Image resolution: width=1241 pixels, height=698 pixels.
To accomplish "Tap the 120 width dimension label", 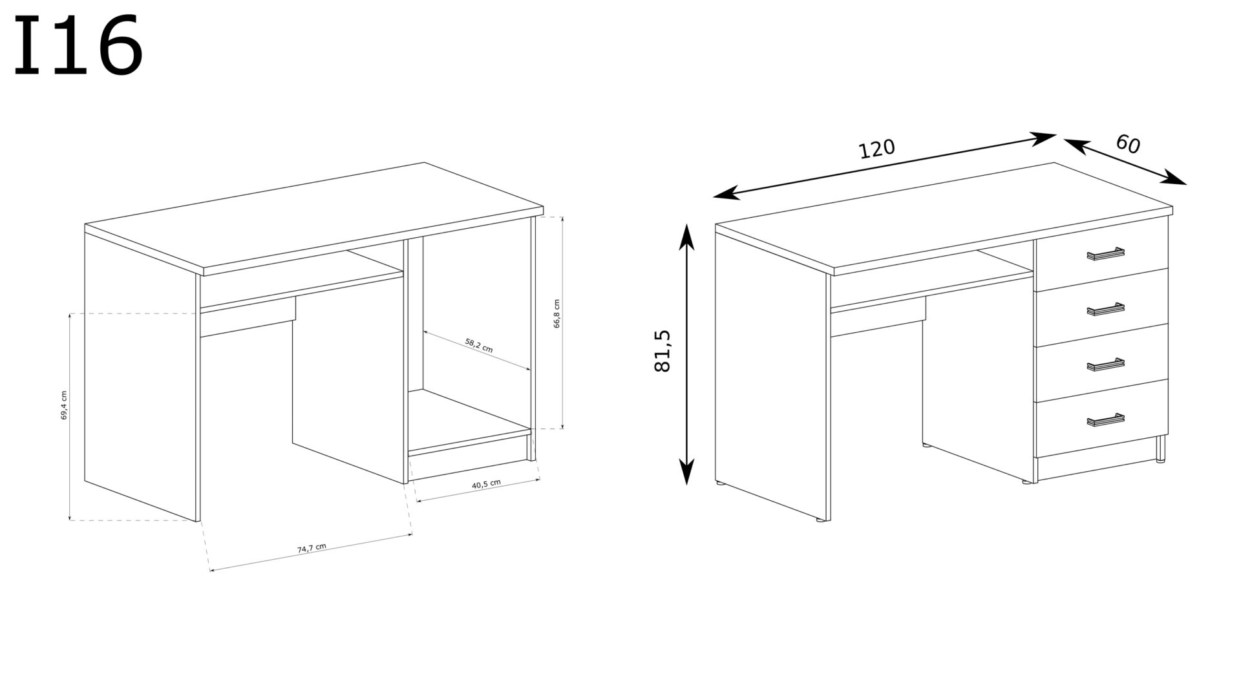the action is (876, 149).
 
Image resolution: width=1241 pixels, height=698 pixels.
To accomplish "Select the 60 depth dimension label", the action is (1127, 143).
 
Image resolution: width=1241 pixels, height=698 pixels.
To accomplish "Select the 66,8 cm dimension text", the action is (557, 314).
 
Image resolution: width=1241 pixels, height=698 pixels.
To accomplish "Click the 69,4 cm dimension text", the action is (63, 406).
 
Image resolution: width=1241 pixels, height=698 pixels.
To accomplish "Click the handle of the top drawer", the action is (1106, 254).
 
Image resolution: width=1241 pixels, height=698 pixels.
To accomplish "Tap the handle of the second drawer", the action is (1106, 309).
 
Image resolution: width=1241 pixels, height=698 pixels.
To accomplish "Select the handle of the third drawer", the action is (1106, 365).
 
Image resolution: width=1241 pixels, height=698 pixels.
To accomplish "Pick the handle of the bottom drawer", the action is (1106, 420).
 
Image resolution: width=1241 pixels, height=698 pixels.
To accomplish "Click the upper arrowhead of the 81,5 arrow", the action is (686, 236).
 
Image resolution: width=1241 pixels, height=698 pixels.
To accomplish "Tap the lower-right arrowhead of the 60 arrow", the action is (1176, 178).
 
